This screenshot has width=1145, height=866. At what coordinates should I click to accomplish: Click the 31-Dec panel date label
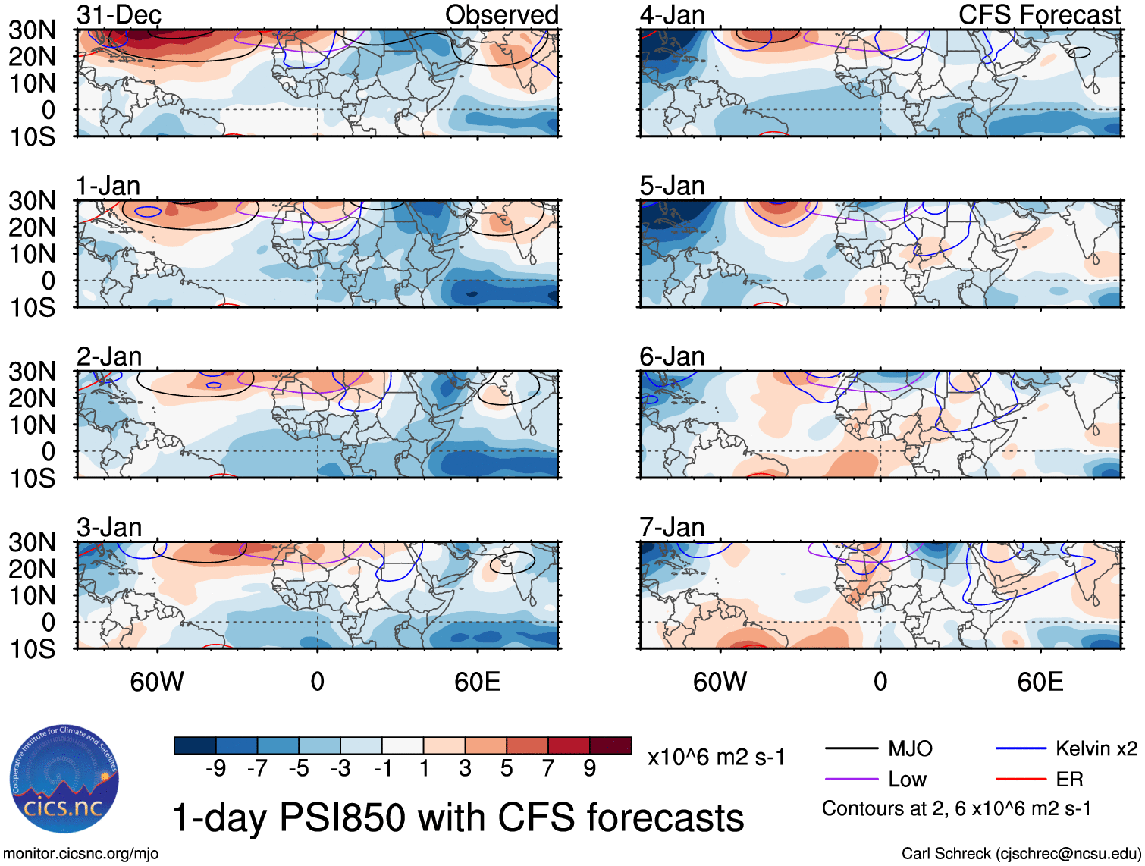tap(119, 14)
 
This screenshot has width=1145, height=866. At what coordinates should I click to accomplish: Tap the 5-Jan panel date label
tap(672, 186)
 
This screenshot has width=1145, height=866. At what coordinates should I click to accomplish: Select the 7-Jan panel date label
tap(672, 527)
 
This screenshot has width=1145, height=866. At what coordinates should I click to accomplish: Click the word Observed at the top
tap(501, 14)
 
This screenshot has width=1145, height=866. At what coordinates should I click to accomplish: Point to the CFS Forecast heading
tap(1040, 14)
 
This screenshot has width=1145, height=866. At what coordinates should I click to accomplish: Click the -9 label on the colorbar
tap(215, 769)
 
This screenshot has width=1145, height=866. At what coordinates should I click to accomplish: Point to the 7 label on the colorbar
tap(548, 769)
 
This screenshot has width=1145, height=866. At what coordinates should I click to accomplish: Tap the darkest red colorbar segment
tap(610, 745)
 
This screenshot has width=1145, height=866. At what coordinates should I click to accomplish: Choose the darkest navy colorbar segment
tap(195, 745)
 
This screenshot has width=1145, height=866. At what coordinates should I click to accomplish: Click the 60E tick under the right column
tap(1040, 682)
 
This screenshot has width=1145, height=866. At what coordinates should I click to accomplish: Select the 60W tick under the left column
tap(157, 682)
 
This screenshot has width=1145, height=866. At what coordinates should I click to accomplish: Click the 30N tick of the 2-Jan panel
tap(32, 372)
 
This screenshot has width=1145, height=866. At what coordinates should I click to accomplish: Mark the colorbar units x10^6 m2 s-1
tap(716, 757)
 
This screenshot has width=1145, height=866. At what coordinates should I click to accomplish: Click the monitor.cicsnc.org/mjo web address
tap(81, 854)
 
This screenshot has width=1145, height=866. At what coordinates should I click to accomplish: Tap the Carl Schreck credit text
tap(1021, 854)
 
